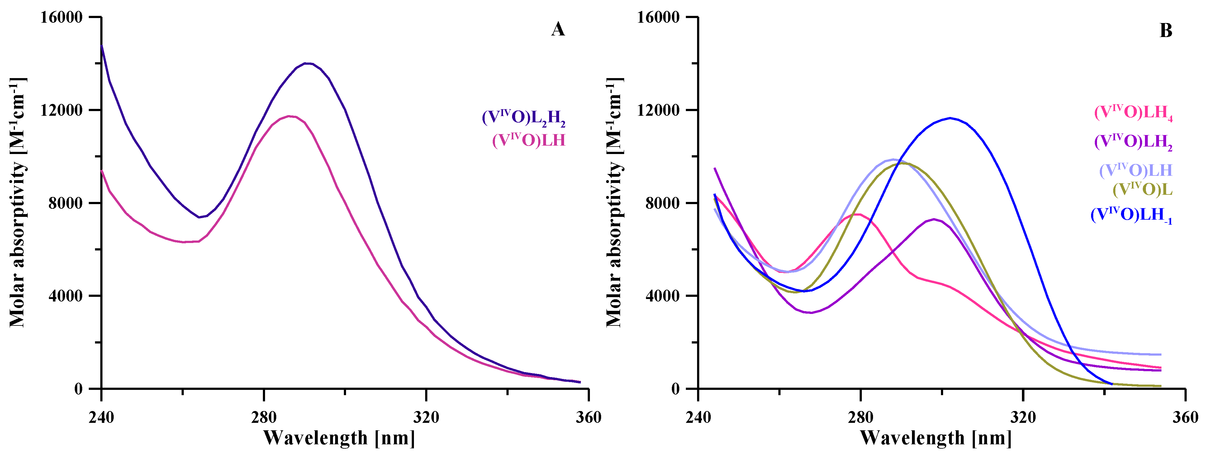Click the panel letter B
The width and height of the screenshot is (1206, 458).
point(1165,31)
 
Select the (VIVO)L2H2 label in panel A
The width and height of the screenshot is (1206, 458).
point(523,117)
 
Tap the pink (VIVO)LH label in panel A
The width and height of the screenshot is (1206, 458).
point(529,140)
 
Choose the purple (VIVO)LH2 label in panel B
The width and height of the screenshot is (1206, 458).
point(1133,141)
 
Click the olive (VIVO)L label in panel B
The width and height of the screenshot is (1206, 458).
point(1142,189)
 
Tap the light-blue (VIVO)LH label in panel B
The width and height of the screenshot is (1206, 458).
point(1135,170)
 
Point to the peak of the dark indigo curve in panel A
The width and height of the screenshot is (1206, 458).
point(307,63)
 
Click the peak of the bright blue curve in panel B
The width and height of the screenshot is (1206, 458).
point(950,118)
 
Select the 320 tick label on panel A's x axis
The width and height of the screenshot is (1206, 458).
point(426,417)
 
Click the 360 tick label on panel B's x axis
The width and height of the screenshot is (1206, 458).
point(1185,417)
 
